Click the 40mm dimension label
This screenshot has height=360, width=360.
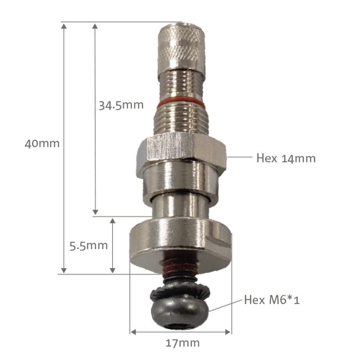point(42,143)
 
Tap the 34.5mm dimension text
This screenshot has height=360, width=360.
point(121,105)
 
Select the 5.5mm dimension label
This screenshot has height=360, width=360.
point(88,245)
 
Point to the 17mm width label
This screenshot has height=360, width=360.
point(182,343)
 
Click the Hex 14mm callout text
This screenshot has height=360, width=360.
point(286,158)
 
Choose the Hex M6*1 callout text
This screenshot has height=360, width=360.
point(272,300)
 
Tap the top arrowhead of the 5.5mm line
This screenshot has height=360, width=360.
point(113,221)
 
